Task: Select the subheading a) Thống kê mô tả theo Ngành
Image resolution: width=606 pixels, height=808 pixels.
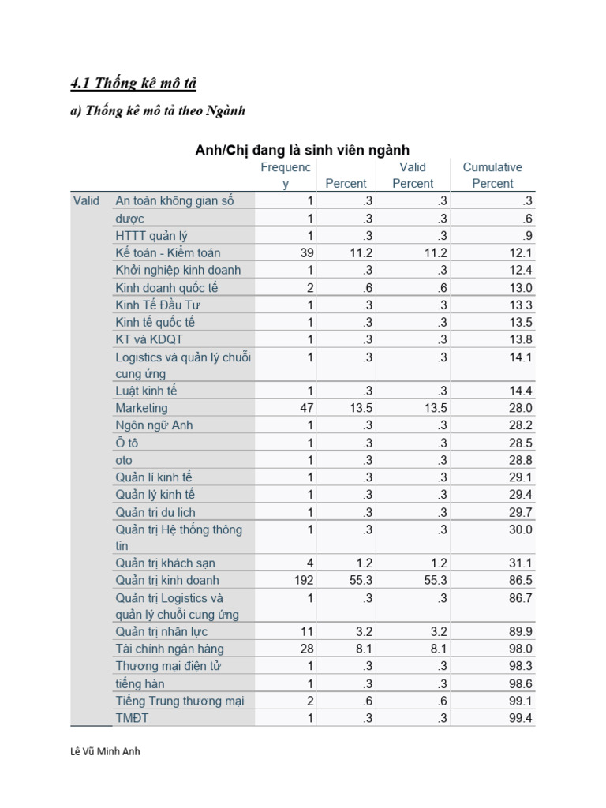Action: coord(158,110)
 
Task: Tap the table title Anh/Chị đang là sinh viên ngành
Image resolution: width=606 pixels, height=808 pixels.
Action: coord(302,150)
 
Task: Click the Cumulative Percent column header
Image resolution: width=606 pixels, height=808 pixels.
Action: coord(492,175)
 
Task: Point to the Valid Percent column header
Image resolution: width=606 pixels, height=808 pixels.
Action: coord(413,175)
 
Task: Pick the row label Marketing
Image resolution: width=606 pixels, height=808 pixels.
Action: coord(142,408)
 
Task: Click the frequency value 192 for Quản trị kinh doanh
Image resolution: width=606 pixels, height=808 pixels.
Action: coord(303,580)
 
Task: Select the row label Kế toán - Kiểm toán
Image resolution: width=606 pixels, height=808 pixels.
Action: coord(168,252)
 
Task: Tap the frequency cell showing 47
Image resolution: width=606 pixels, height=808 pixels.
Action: coord(307,408)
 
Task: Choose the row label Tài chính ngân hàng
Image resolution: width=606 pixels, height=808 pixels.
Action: coord(170,649)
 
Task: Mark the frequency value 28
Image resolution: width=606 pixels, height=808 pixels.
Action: coord(307,649)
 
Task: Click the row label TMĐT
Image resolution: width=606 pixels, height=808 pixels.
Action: coord(132,717)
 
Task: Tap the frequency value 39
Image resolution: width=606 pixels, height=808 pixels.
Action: coord(307,252)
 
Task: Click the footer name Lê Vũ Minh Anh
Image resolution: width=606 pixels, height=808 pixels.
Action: coord(105,752)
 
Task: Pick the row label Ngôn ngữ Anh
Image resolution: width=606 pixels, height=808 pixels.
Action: coord(154,425)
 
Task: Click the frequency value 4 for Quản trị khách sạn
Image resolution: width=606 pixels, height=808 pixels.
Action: coord(310,563)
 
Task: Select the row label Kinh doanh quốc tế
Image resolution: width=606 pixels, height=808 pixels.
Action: coord(166,287)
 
